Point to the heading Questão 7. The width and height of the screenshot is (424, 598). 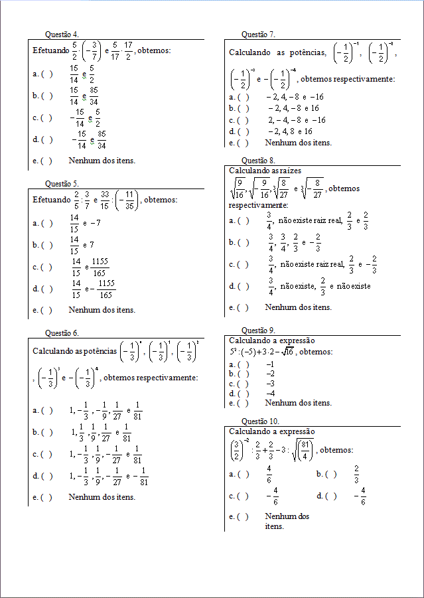tap(259, 34)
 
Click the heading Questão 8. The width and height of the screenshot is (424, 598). tap(259, 160)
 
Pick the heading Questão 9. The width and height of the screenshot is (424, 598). tap(259, 330)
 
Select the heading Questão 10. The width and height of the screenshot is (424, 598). tap(261, 421)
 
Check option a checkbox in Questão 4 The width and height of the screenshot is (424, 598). tap(46, 74)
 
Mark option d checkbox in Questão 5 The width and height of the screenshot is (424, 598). tap(46, 289)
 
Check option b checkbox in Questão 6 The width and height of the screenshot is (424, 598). tap(46, 432)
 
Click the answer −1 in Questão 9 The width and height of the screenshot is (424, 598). tap(270, 364)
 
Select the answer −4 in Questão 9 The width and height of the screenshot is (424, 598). tap(270, 393)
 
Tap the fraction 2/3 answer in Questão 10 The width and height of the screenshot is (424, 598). tap(357, 474)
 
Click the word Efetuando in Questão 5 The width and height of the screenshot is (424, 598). tap(51, 200)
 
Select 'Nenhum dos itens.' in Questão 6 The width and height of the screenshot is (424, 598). tap(102, 497)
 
